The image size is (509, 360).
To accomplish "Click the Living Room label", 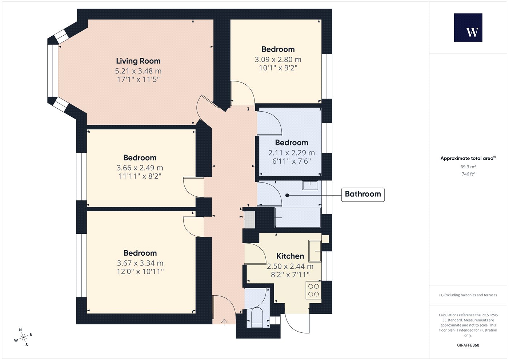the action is [138, 61].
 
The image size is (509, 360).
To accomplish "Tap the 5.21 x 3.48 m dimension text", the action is [138, 71].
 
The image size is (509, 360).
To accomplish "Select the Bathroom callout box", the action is [363, 195].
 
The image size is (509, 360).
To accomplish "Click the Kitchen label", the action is [290, 256].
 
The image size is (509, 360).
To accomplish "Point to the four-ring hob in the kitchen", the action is [313, 290].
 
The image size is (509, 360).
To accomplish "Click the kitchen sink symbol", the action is [315, 251].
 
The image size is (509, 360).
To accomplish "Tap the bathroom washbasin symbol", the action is [310, 185].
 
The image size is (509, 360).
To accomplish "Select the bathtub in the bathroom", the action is [298, 217].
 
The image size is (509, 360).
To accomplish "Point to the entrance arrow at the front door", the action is [224, 322].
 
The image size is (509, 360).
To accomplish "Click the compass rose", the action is [23, 337].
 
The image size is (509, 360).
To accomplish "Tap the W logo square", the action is [468, 28].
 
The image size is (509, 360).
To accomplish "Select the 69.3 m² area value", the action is [468, 167].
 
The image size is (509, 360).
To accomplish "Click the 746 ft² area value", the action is [468, 174].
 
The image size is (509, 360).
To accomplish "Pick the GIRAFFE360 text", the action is [468, 345].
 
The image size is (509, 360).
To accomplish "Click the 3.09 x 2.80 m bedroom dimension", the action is [278, 60].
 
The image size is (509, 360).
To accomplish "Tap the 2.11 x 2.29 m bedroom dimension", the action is [292, 153].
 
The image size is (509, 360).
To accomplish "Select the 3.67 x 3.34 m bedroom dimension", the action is [140, 263].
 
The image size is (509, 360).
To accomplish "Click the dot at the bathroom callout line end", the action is [287, 195].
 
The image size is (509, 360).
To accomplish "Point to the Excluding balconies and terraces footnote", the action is [468, 295].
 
